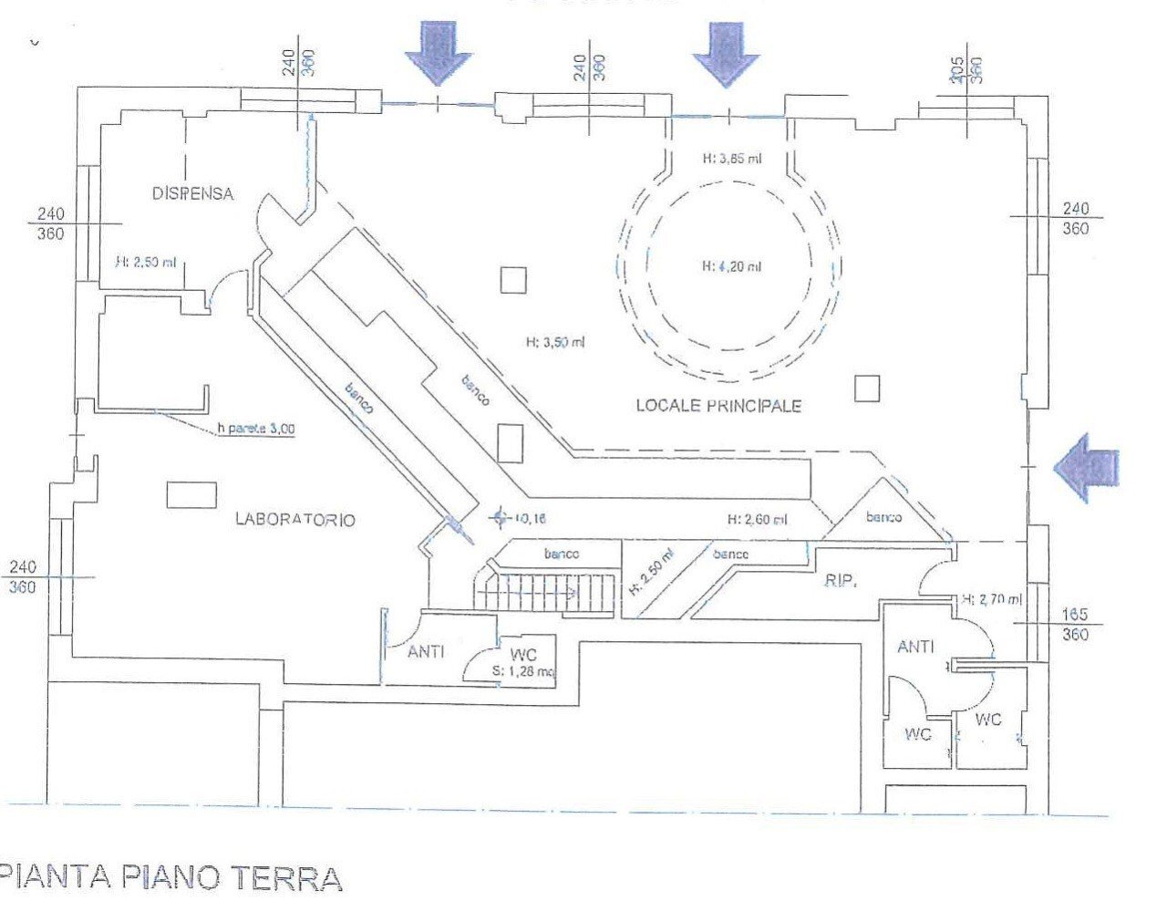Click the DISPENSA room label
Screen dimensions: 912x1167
[x=192, y=193]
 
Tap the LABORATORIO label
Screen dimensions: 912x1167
[x=295, y=520]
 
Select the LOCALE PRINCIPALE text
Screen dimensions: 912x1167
[x=718, y=406]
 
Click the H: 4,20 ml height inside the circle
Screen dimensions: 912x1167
[x=731, y=266]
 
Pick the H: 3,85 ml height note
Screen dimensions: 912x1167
[x=731, y=158]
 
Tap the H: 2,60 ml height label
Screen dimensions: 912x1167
[x=757, y=520]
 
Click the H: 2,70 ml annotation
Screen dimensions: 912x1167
[x=991, y=599]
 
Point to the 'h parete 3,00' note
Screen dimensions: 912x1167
[x=256, y=429]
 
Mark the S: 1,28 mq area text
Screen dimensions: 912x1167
[x=522, y=672]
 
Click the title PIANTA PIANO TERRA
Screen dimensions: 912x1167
[x=171, y=877]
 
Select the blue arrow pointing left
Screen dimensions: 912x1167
[x=1087, y=467]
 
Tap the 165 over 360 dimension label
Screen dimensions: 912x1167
[x=1075, y=625]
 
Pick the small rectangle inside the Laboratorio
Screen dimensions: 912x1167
[x=191, y=494]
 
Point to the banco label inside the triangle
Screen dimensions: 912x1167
[x=883, y=517]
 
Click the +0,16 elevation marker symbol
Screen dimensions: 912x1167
[x=498, y=518]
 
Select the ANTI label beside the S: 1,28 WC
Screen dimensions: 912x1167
[x=426, y=651]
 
